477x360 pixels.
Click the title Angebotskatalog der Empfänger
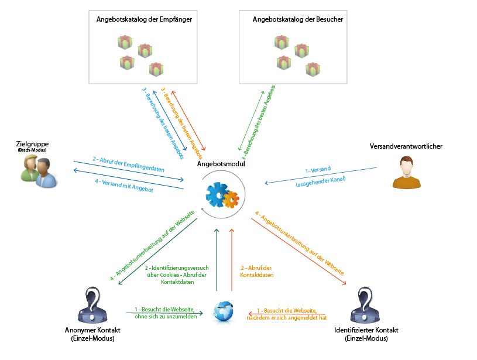pyautogui.click(x=144, y=19)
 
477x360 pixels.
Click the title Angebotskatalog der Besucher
pyautogui.click(x=297, y=19)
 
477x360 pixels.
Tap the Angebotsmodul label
pyautogui.click(x=221, y=165)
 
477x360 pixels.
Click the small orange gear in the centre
pyautogui.click(x=231, y=200)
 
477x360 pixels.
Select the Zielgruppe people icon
pyautogui.click(x=39, y=173)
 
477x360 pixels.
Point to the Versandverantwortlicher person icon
pyautogui.click(x=406, y=174)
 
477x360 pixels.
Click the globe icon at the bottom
pyautogui.click(x=224, y=311)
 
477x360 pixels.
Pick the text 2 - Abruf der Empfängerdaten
pyautogui.click(x=128, y=164)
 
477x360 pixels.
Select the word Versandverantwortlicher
pyautogui.click(x=406, y=146)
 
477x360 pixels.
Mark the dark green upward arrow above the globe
pyautogui.click(x=217, y=260)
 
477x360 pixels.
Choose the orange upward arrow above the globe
pyautogui.click(x=232, y=260)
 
